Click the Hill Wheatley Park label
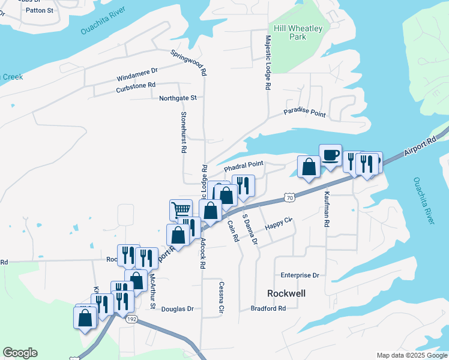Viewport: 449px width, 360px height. pyautogui.click(x=298, y=32)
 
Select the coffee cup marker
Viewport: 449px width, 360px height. pyautogui.click(x=330, y=156)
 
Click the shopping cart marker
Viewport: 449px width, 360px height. pyautogui.click(x=181, y=210)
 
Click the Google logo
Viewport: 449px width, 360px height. pyautogui.click(x=20, y=353)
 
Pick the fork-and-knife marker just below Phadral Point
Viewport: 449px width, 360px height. pyautogui.click(x=243, y=186)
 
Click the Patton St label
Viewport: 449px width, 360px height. pyautogui.click(x=40, y=10)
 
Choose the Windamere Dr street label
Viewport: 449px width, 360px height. pyautogui.click(x=137, y=77)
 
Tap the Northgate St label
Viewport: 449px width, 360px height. pyautogui.click(x=178, y=98)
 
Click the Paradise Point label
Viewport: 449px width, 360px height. pyautogui.click(x=304, y=113)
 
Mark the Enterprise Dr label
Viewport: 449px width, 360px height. pyautogui.click(x=300, y=275)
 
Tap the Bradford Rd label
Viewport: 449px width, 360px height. pyautogui.click(x=268, y=308)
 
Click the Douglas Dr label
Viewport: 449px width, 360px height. pyautogui.click(x=178, y=309)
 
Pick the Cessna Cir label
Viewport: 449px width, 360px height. pyautogui.click(x=221, y=298)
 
